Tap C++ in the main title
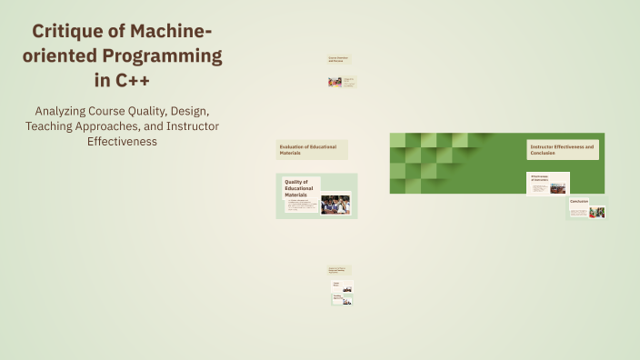[127, 80]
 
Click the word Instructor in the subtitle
[187, 125]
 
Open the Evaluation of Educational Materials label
[312, 149]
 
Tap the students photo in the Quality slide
[335, 205]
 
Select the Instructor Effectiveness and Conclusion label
[562, 149]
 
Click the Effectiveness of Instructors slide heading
[539, 178]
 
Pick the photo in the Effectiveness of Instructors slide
[557, 189]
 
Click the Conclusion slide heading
[579, 201]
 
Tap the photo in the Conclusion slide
[596, 213]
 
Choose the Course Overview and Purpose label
[338, 59]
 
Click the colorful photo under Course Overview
[335, 81]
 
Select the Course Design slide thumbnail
[342, 286]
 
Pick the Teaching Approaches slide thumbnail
[342, 298]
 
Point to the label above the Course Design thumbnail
[338, 270]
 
